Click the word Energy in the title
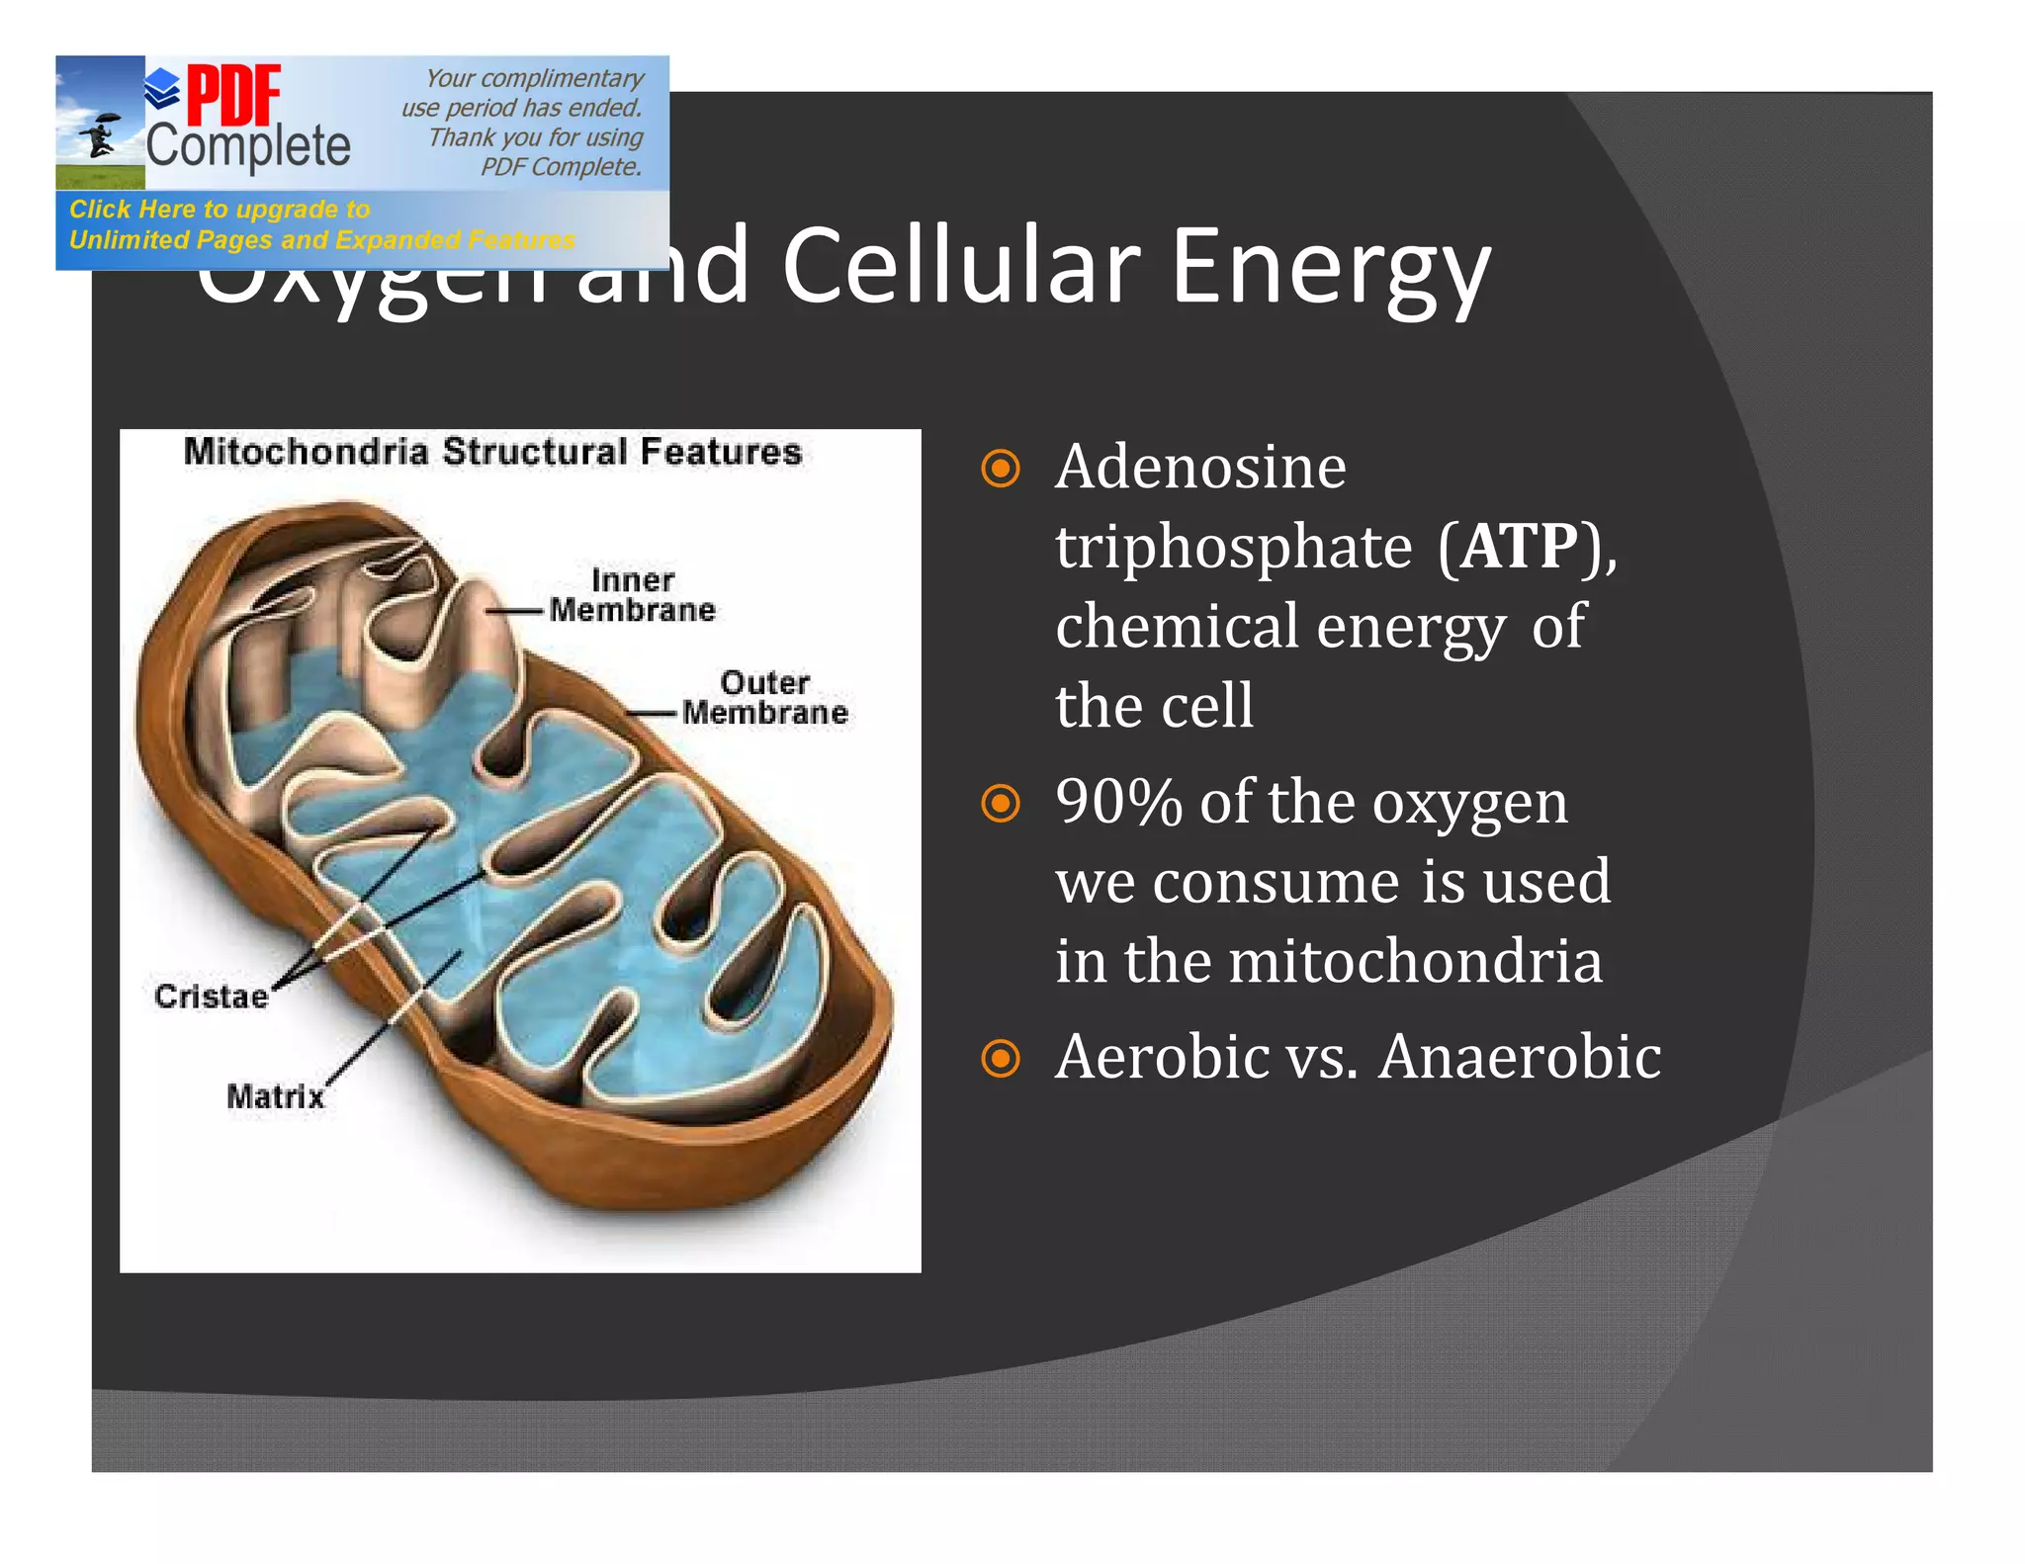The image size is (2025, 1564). [1330, 269]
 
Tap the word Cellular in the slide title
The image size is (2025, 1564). [959, 267]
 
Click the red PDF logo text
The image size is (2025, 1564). [233, 96]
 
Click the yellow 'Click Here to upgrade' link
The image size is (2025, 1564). [220, 210]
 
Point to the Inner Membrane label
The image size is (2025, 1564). [632, 595]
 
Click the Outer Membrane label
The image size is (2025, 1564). [764, 697]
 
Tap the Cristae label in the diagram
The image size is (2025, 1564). [211, 997]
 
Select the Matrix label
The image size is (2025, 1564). [275, 1096]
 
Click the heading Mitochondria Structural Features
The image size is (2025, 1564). [492, 452]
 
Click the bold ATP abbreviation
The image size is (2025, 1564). [1520, 546]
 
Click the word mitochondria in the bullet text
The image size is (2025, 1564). [1414, 962]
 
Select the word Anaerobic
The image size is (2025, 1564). [1519, 1057]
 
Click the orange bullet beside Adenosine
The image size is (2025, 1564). [1000, 469]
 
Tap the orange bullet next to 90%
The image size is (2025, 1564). [1000, 804]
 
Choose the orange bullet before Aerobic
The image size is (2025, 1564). [1000, 1059]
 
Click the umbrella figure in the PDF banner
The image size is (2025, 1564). [99, 134]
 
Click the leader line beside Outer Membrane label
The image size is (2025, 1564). [652, 713]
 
